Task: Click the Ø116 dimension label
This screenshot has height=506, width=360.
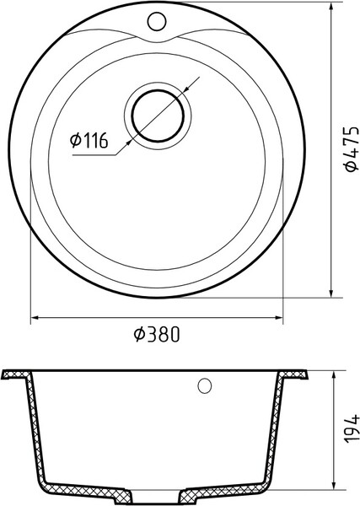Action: coord(89,143)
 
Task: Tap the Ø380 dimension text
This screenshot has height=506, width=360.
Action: coord(157,335)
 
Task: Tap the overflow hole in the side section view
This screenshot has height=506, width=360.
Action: coord(202,386)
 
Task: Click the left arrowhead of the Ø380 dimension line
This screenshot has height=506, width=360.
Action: coord(36,319)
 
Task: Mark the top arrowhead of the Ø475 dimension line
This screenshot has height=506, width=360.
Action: coord(335,8)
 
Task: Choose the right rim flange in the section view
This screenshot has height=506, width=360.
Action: coord(298,374)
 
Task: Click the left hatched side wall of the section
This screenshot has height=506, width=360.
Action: coord(35,430)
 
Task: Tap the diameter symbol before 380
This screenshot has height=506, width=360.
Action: coord(140,335)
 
